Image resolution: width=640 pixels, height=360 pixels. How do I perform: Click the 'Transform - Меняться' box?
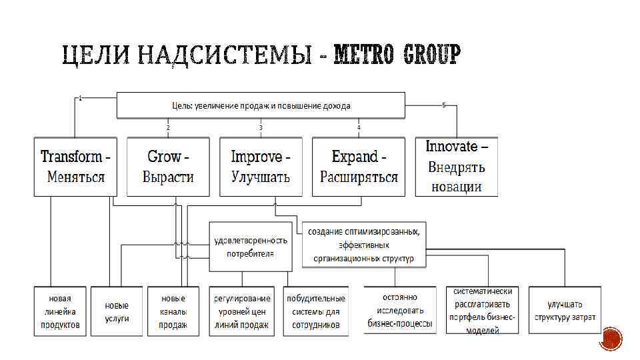click(75, 167)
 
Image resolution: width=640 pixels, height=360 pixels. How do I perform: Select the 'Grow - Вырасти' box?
click(168, 167)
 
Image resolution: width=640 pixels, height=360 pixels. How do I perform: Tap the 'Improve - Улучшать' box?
click(261, 167)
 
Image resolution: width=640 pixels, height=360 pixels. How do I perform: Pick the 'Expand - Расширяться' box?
click(359, 167)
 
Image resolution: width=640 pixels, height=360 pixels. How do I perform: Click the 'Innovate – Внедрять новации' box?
click(457, 166)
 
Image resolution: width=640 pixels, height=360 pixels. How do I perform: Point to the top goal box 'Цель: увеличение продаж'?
click(261, 105)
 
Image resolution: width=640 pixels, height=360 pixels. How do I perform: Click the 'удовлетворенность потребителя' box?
click(250, 247)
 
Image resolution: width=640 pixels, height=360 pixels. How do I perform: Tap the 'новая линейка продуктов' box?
click(59, 311)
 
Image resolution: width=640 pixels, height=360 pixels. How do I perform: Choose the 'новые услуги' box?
click(117, 311)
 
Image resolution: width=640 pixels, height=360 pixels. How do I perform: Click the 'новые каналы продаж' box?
click(173, 311)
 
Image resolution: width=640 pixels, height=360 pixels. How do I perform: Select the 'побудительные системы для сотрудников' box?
click(316, 311)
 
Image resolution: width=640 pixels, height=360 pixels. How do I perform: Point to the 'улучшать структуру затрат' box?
click(565, 311)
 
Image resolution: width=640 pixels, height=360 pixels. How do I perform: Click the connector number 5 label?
click(444, 105)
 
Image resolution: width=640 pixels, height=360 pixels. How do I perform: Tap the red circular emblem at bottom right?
click(611, 339)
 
